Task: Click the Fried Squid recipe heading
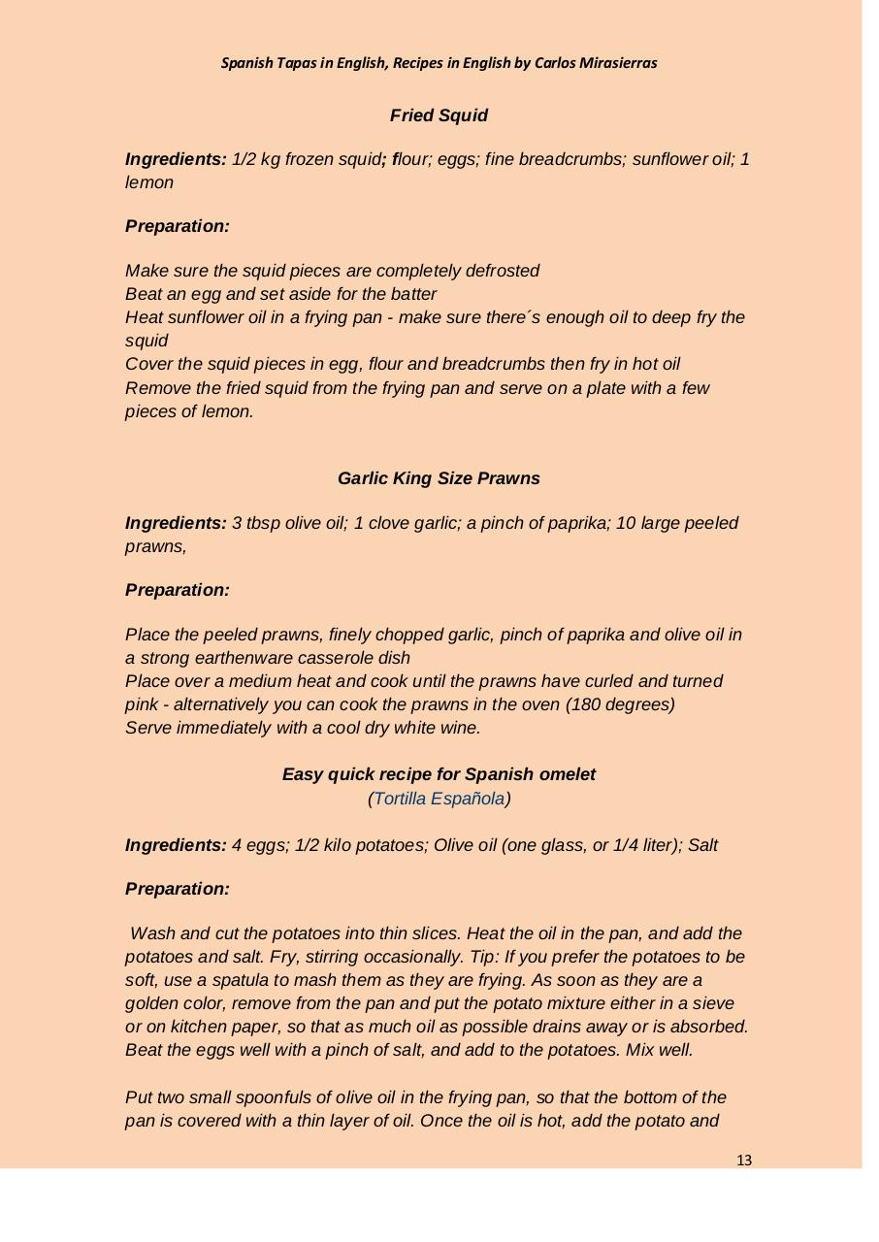point(439,115)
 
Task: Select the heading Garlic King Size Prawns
point(439,478)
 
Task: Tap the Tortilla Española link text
point(439,799)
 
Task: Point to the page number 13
point(744,1160)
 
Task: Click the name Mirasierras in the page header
point(615,63)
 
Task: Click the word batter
point(411,294)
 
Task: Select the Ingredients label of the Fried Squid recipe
point(176,159)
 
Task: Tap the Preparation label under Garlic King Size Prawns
point(178,590)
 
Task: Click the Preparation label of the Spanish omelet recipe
point(178,889)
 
